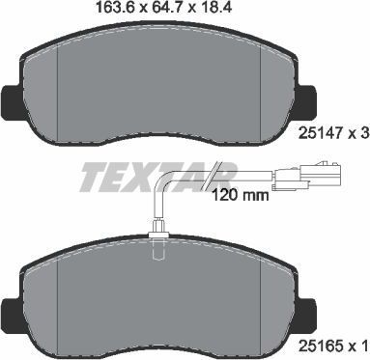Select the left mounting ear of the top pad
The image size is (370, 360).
(8, 97)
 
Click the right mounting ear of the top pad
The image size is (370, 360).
(310, 98)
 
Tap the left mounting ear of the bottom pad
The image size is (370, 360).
(8, 308)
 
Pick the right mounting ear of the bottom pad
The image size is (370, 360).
(310, 308)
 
